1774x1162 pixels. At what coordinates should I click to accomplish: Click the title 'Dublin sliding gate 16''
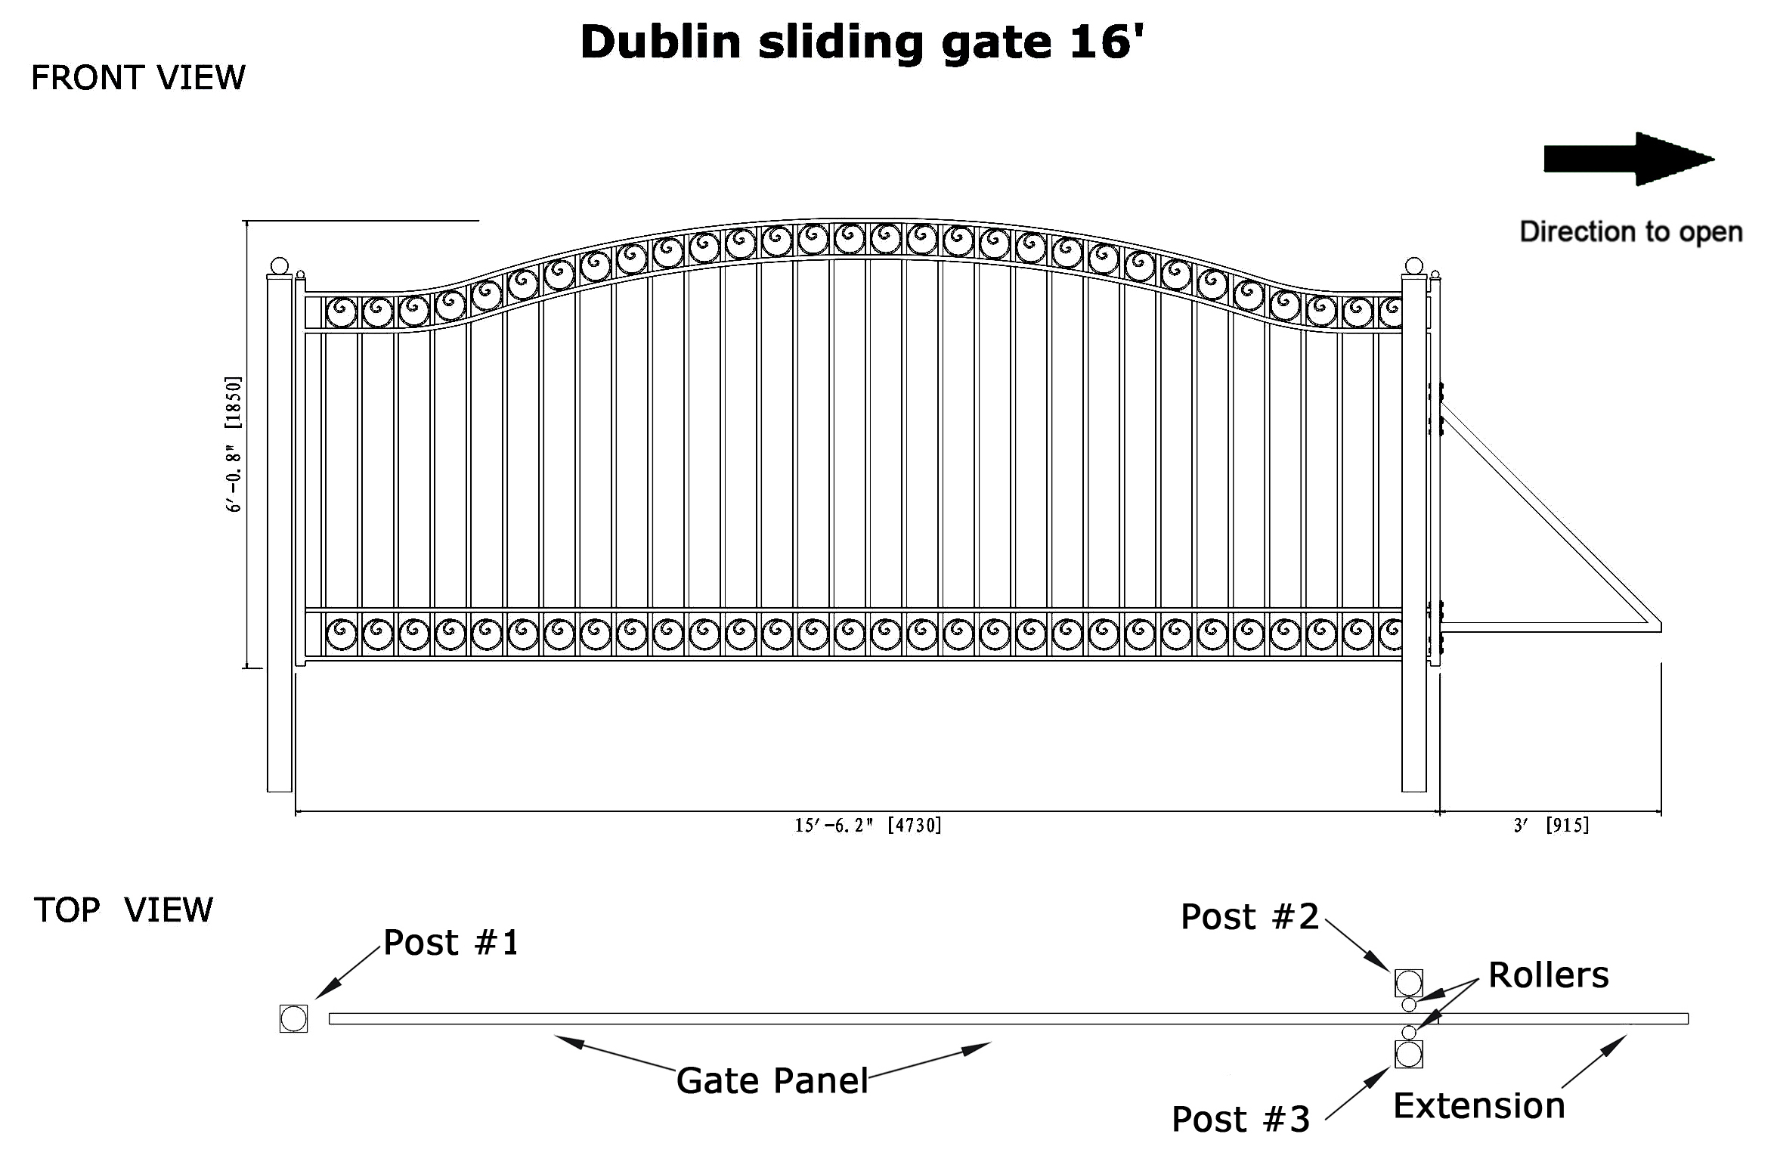[862, 42]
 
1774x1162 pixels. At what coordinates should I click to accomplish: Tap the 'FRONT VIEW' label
[138, 78]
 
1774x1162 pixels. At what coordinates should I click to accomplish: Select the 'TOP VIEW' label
[123, 910]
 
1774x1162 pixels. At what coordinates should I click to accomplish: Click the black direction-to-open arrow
[1629, 159]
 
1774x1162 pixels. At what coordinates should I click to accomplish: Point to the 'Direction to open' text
[1631, 232]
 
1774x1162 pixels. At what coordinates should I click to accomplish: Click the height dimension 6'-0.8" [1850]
[234, 444]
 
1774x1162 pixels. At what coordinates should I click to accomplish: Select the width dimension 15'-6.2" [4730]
[868, 826]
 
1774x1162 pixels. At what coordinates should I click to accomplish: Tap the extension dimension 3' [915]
[1551, 826]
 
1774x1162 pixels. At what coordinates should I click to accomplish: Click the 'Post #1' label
[451, 943]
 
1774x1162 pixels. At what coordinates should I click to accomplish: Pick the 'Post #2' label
[1249, 917]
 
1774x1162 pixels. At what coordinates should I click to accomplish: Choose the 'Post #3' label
[1240, 1120]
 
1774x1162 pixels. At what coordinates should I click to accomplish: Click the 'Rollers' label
[1549, 975]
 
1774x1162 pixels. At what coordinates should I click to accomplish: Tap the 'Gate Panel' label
[772, 1081]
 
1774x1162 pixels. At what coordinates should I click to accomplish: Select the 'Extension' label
[1479, 1106]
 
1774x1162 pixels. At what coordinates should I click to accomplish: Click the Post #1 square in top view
[294, 1019]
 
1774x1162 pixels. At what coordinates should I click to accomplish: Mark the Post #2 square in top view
[1409, 984]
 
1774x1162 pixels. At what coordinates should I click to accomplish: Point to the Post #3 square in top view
[1409, 1055]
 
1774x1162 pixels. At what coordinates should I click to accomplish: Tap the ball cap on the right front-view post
[1413, 266]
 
